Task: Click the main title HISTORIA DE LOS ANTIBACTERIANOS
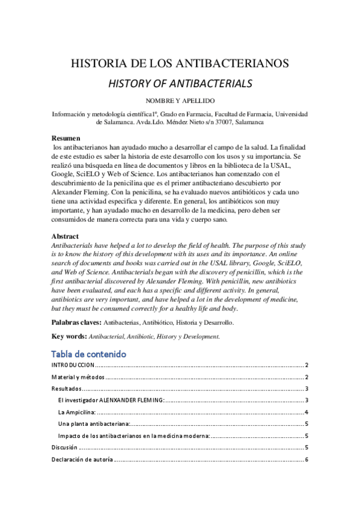click(x=180, y=63)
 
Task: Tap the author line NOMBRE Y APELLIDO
click(x=180, y=100)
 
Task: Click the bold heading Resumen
click(x=66, y=138)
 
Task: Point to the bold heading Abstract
click(x=66, y=236)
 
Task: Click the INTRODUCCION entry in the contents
click(x=73, y=365)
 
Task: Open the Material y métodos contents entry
click(x=78, y=377)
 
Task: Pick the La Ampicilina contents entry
click(x=77, y=413)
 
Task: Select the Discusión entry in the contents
click(x=65, y=447)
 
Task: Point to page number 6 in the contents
click(x=307, y=459)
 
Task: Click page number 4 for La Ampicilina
click(x=307, y=413)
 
